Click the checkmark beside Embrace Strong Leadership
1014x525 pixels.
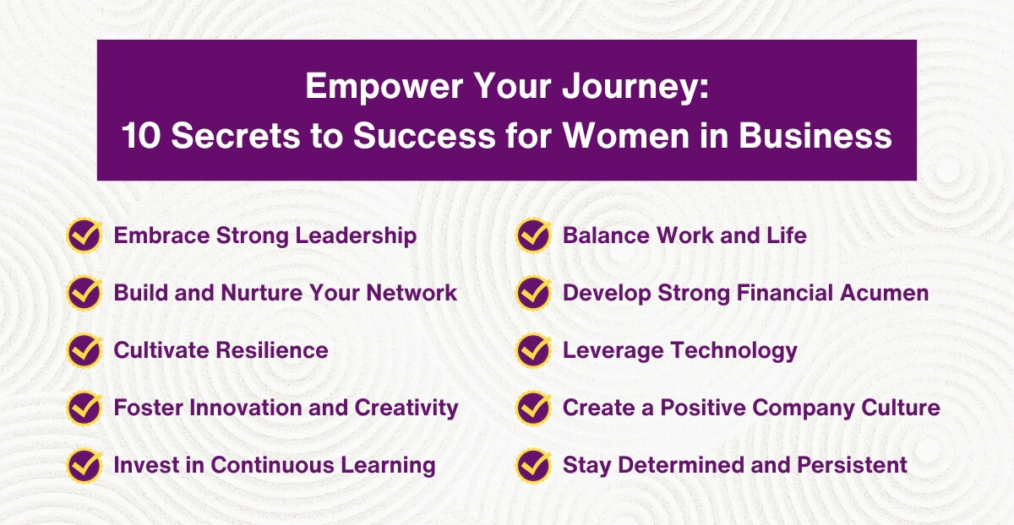84,235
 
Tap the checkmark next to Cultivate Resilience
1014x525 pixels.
84,349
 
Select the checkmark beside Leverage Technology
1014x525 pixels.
533,349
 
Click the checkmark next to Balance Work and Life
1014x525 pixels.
533,235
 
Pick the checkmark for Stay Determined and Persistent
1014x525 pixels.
533,464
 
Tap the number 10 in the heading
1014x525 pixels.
140,135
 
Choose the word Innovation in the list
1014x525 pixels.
245,408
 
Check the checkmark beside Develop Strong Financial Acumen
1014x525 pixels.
533,293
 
